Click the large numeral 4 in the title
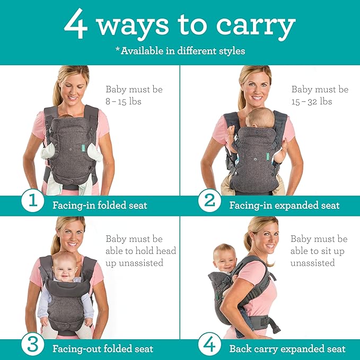[75, 24]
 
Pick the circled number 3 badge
[33, 348]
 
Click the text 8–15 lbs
[124, 102]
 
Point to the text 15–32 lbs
[312, 101]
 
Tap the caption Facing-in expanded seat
[284, 205]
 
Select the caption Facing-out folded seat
[103, 348]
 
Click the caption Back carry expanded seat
[287, 348]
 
